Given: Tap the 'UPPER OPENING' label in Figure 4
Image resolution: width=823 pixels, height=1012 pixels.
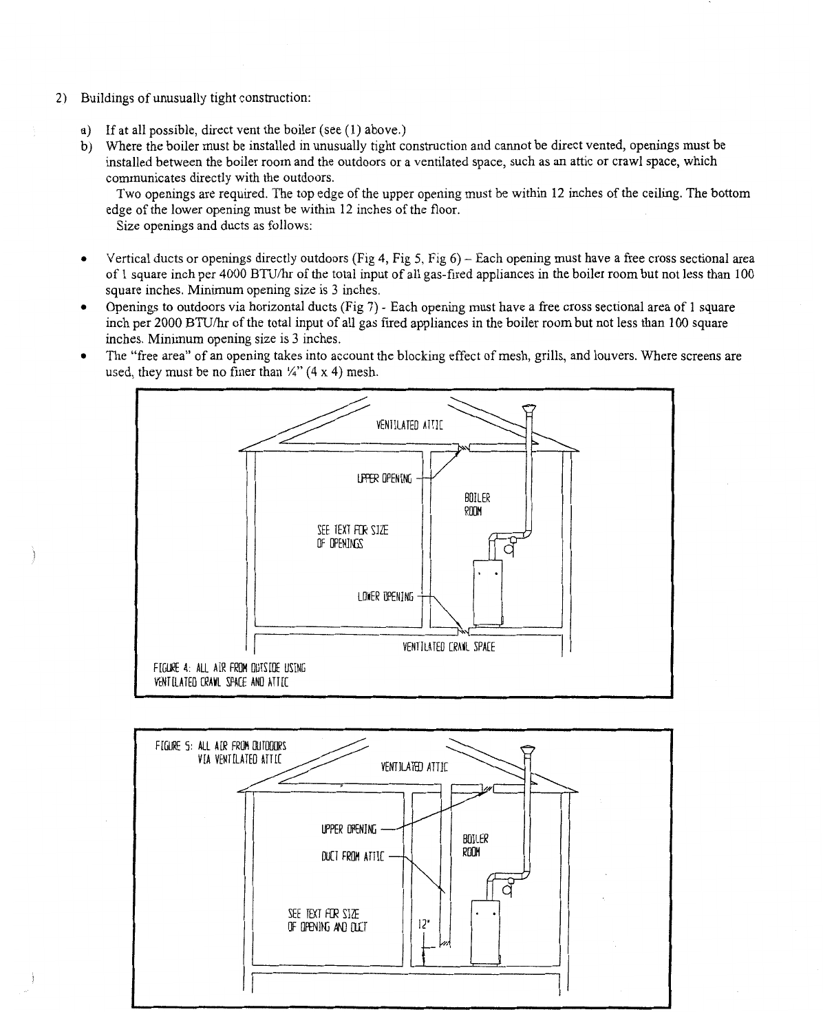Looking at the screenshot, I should [x=383, y=478].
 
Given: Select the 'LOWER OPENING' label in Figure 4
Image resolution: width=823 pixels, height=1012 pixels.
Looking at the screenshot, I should [x=385, y=596].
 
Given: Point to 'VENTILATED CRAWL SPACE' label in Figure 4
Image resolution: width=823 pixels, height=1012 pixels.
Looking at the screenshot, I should [x=448, y=647].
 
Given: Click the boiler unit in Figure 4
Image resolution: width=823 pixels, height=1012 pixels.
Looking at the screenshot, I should [x=489, y=591].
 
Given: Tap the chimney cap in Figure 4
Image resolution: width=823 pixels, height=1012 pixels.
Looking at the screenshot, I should [x=528, y=408].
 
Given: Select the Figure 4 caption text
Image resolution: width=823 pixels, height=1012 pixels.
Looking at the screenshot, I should [x=230, y=674].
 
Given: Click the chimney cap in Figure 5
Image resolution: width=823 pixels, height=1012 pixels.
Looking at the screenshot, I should [x=528, y=749].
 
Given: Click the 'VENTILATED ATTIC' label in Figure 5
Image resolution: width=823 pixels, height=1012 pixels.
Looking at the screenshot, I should [x=414, y=766].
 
